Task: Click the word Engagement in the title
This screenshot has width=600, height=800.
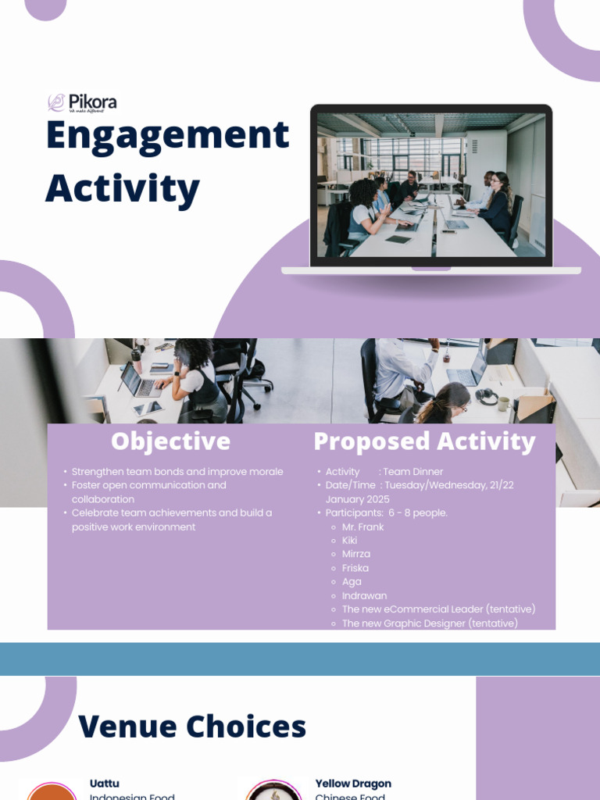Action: coord(167,136)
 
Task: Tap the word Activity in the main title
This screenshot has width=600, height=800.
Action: coord(123,188)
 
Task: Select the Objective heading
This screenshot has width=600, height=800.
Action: coord(170,441)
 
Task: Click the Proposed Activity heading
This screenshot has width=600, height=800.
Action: coord(424,441)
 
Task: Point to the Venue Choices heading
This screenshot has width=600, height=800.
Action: coord(192,727)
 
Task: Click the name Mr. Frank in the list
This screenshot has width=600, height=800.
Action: coord(362,527)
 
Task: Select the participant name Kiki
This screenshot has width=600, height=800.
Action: coord(349,541)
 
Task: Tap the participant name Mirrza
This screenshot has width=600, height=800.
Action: coord(356,554)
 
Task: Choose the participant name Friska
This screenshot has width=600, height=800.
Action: coord(355,568)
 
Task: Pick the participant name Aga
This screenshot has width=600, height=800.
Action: coord(351,582)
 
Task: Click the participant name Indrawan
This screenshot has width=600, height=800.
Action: coord(364,595)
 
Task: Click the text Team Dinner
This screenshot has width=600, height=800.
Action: coord(412,472)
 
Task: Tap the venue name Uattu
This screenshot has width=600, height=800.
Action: coord(105,784)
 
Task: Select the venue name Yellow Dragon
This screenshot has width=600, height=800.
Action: coord(353,784)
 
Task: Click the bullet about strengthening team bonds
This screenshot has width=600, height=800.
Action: coord(177,472)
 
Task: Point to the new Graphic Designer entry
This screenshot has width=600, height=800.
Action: coord(430,623)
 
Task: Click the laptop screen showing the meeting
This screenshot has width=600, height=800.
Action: coord(431,185)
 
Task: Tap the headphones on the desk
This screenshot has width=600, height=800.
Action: coord(487,396)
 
